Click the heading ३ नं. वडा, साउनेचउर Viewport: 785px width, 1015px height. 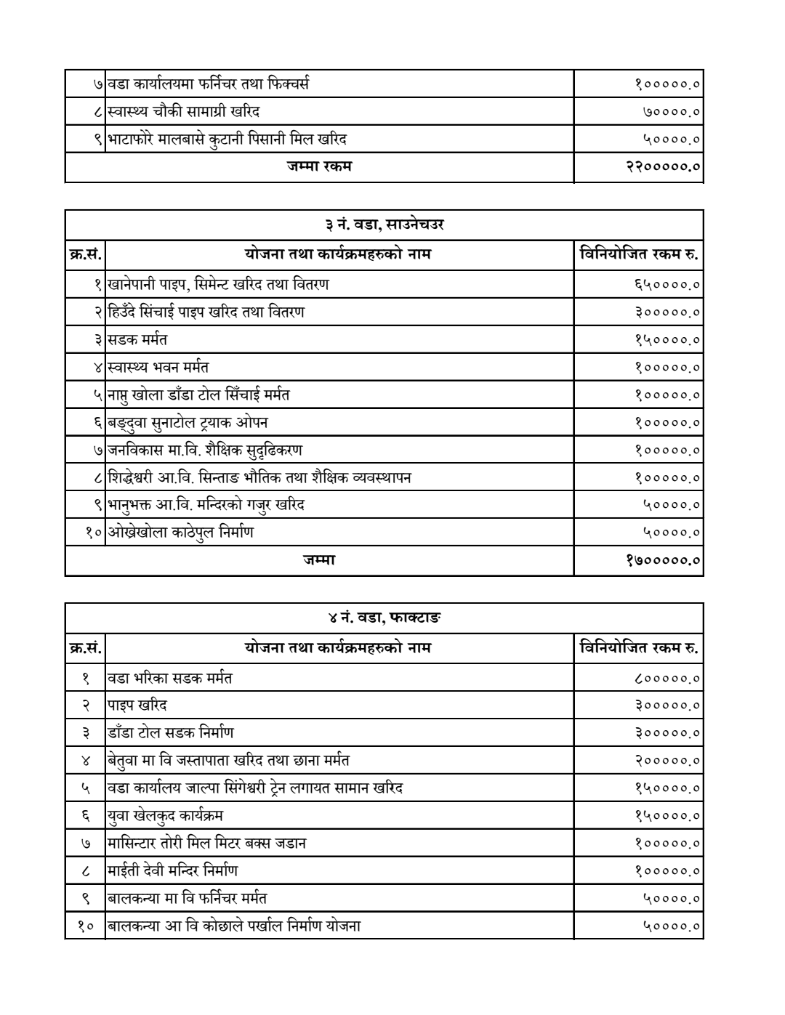[384, 225]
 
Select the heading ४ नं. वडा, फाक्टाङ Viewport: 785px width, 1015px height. [384, 618]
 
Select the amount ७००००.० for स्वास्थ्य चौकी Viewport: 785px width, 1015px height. [671, 112]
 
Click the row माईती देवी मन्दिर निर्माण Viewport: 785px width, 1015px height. [172, 870]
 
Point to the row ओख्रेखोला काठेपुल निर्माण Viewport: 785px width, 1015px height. [181, 533]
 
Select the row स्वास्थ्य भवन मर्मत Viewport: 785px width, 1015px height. [158, 367]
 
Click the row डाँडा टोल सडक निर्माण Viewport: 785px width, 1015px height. [171, 733]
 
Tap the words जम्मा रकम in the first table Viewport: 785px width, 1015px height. [319, 166]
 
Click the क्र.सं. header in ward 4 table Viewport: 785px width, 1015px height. [85, 647]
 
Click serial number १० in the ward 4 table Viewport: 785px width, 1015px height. [85, 926]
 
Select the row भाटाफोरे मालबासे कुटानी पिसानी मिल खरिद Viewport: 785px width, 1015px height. [227, 139]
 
